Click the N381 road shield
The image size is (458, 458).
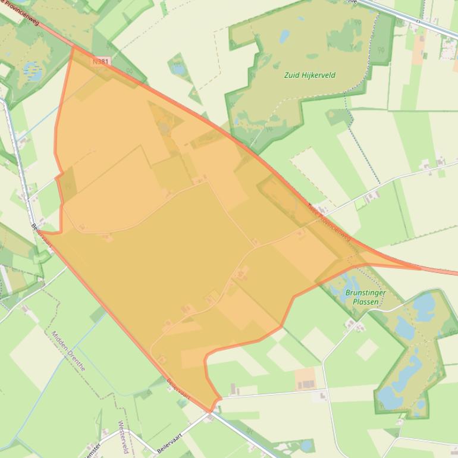pyautogui.click(x=102, y=61)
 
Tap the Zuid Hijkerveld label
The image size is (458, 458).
pyautogui.click(x=310, y=76)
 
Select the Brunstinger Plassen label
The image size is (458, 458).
pyautogui.click(x=365, y=297)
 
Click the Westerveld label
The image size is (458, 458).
pyautogui.click(x=123, y=437)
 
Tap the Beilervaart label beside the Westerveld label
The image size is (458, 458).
pyautogui.click(x=169, y=444)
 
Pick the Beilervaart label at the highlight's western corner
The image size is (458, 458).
pyautogui.click(x=42, y=236)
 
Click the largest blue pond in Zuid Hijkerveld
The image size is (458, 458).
pyautogui.click(x=284, y=37)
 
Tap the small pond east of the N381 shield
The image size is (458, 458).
pyautogui.click(x=178, y=68)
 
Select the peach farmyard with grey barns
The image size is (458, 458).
pyautogui.click(x=305, y=378)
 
